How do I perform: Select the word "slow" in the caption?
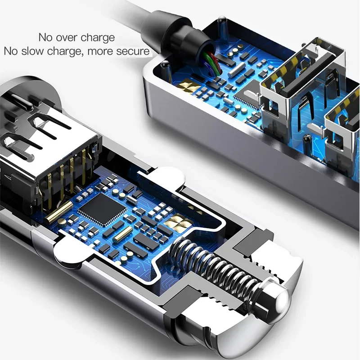coord(38,51)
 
